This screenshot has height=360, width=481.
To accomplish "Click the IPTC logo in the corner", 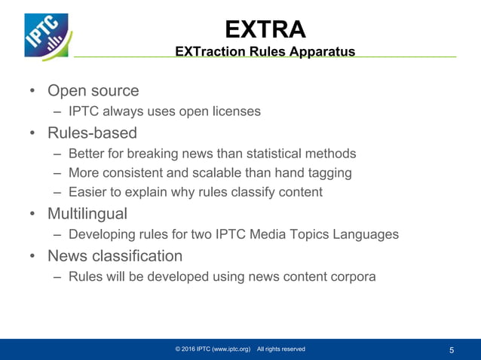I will [x=46, y=35].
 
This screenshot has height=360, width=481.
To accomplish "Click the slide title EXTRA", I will [x=265, y=29].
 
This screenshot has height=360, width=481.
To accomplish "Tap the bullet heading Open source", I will [x=93, y=91].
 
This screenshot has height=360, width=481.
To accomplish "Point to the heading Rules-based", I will [x=93, y=133].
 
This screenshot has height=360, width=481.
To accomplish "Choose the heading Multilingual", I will [x=87, y=214].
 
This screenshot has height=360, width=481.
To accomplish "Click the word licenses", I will [x=236, y=111].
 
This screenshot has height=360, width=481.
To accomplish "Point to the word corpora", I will [x=349, y=276].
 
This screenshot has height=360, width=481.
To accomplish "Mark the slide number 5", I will [x=452, y=349].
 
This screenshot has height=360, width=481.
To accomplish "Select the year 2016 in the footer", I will [x=190, y=349].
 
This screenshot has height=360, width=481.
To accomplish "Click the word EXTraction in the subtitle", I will [x=209, y=51].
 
